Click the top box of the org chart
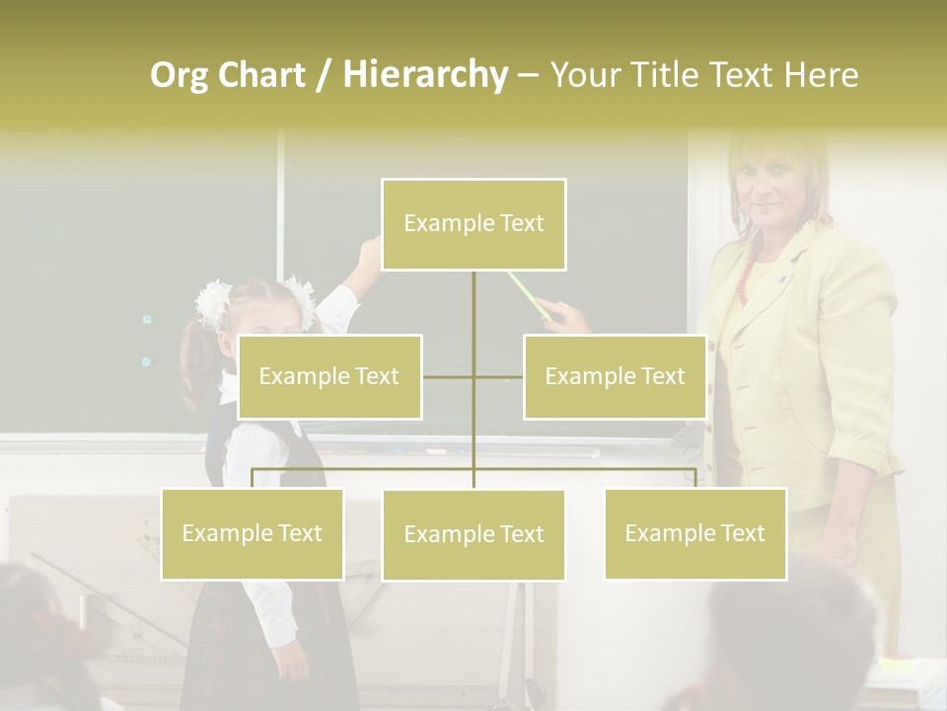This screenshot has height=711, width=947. [473, 224]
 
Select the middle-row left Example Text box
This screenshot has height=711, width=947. [329, 376]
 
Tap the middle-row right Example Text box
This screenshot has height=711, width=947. [615, 376]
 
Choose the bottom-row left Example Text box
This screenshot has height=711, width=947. [253, 533]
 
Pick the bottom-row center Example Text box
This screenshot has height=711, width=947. [473, 534]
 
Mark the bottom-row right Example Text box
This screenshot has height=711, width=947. [695, 533]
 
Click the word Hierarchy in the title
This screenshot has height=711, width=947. [425, 74]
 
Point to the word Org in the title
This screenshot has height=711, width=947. [179, 74]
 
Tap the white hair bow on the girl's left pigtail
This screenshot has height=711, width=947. [213, 301]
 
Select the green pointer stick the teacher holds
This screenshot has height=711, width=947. [528, 294]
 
